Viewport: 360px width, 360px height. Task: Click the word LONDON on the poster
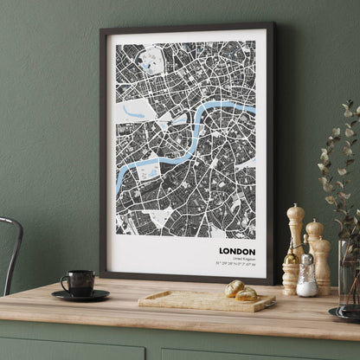pyautogui.click(x=237, y=252)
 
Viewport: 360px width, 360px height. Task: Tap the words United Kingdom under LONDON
pyautogui.click(x=243, y=260)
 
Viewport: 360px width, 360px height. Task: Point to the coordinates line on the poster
pyautogui.click(x=235, y=266)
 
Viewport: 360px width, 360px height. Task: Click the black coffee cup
pyautogui.click(x=80, y=282)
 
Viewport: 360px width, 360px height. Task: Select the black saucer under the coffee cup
pyautogui.click(x=80, y=295)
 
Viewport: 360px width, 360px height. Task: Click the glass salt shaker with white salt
pyautogui.click(x=307, y=276)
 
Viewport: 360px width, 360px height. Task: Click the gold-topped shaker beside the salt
pyautogui.click(x=291, y=271)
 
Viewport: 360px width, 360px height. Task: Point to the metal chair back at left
pyautogui.click(x=11, y=251)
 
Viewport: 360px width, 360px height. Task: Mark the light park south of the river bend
pyautogui.click(x=149, y=172)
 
